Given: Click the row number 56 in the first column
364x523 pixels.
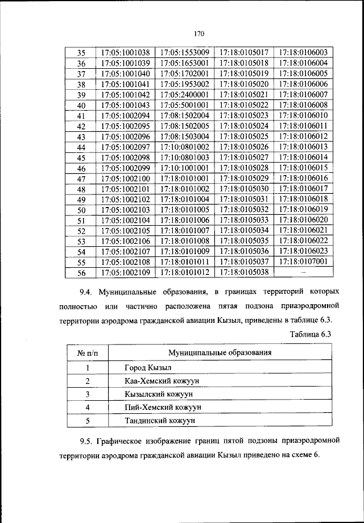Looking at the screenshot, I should tap(81, 273).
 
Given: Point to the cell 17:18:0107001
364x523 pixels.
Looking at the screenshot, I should tap(303, 262).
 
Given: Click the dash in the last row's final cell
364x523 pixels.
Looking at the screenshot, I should tap(303, 273).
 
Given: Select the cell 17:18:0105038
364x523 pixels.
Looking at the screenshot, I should tap(243, 273).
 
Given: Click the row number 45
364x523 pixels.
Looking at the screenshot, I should tap(81, 157).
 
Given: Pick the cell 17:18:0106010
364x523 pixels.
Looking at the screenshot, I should tap(303, 115).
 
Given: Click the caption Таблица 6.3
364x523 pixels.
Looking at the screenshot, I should tap(310, 334).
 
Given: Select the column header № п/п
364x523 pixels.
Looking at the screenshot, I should tap(88, 352).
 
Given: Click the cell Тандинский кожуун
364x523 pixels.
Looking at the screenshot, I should tap(159, 421).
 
